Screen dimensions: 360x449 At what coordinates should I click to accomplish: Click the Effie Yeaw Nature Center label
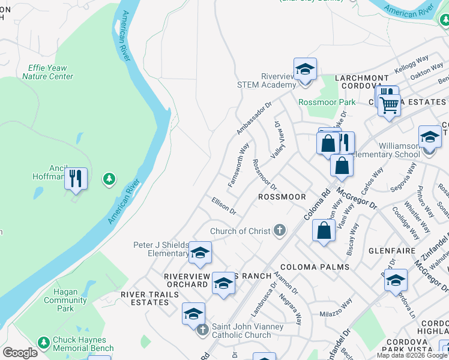(x=47, y=73)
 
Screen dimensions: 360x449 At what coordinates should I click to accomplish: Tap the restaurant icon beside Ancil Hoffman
(x=76, y=178)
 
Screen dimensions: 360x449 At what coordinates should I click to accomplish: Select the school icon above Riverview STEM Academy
(x=305, y=68)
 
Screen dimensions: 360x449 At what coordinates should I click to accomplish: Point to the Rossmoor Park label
(x=327, y=102)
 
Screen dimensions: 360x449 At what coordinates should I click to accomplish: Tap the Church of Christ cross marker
(x=279, y=230)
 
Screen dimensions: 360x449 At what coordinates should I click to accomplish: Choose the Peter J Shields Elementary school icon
(x=200, y=253)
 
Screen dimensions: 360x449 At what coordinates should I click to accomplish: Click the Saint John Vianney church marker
(x=203, y=329)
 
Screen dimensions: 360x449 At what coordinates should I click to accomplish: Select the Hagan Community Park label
(x=61, y=300)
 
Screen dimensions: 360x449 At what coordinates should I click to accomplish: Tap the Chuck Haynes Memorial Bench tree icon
(x=43, y=343)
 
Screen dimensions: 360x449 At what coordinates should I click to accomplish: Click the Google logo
(x=20, y=353)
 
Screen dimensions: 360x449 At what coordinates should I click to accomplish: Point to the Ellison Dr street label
(x=224, y=206)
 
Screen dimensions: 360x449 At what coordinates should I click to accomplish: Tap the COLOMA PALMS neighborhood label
(x=306, y=267)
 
